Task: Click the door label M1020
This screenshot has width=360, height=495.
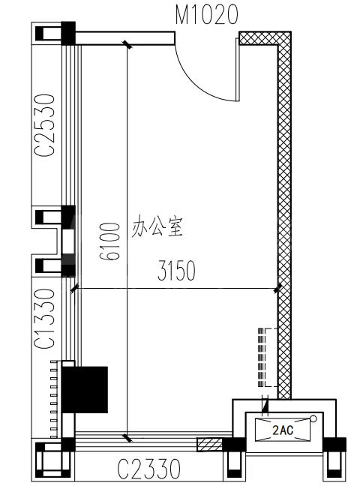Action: pyautogui.click(x=206, y=15)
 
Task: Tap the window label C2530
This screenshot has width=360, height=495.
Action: pyautogui.click(x=44, y=125)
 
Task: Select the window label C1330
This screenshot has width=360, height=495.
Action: pyautogui.click(x=44, y=319)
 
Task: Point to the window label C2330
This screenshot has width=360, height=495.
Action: pyautogui.click(x=149, y=469)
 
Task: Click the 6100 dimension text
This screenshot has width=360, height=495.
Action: pyautogui.click(x=109, y=241)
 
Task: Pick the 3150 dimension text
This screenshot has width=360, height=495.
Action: pyautogui.click(x=176, y=271)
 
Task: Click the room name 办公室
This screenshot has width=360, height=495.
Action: pyautogui.click(x=157, y=226)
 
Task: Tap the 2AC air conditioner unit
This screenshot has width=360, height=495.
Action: pyautogui.click(x=283, y=430)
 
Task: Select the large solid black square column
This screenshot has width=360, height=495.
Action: pyautogui.click(x=85, y=389)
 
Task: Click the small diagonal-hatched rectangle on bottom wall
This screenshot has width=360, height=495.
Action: pyautogui.click(x=209, y=445)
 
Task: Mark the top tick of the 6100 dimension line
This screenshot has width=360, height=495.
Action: pyautogui.click(x=127, y=44)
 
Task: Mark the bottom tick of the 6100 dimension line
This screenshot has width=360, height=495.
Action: pyautogui.click(x=127, y=438)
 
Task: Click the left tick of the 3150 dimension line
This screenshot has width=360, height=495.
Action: pyautogui.click(x=75, y=288)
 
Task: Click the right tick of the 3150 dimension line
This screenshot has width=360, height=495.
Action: pyautogui.click(x=277, y=288)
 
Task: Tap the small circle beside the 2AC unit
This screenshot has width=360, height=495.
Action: pyautogui.click(x=313, y=419)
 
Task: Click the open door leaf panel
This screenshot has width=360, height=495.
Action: pyautogui.click(x=238, y=70)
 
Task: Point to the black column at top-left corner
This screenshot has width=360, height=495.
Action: pyautogui.click(x=68, y=33)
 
